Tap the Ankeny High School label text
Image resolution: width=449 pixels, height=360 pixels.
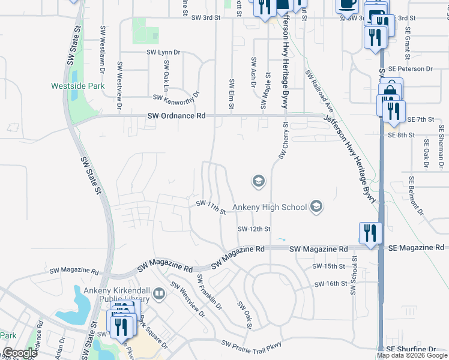coord(270,208)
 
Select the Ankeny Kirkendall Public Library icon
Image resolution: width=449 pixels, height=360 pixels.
coord(159,293)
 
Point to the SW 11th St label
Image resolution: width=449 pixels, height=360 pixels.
coord(211,207)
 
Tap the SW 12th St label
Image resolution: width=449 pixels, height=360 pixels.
coord(254,229)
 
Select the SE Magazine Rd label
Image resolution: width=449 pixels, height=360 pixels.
coord(416,248)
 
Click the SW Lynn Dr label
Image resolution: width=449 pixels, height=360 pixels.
coord(163,53)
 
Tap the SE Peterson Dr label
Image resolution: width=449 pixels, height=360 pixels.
coord(410,70)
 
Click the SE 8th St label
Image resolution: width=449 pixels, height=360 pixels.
coord(401,136)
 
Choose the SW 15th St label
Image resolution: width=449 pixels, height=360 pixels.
coord(329,266)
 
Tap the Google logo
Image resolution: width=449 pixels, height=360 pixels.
coord(19,353)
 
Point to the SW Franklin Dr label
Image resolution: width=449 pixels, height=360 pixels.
coord(209,292)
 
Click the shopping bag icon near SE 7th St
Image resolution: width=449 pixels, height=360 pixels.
coord(390,91)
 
